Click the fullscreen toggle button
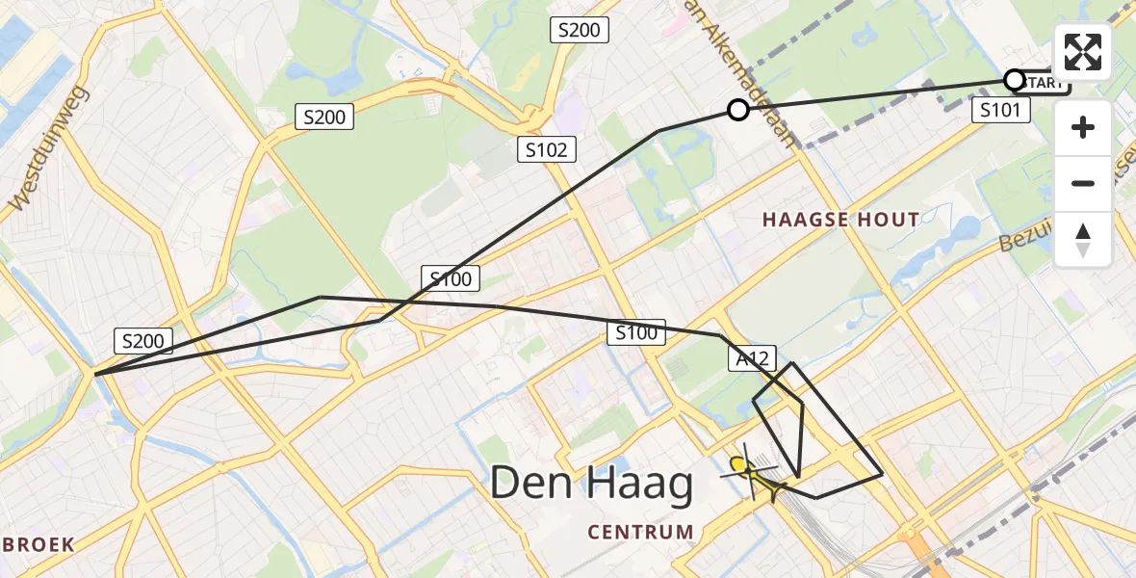pos(1083,52)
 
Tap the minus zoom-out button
pos(1083,183)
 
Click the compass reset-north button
pos(1083,240)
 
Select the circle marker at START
pos(1014,79)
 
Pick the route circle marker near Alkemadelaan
pos(738,110)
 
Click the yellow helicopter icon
pos(750,472)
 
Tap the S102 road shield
pos(548,149)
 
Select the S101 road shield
pos(1000,110)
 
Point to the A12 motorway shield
pos(750,358)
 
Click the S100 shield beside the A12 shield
pos(636,333)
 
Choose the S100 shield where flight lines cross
pos(451,279)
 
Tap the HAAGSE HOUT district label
pos(840,220)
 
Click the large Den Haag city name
pos(591,484)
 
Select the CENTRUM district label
pos(640,532)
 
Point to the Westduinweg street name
pos(49,148)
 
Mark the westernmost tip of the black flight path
pos(94,373)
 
